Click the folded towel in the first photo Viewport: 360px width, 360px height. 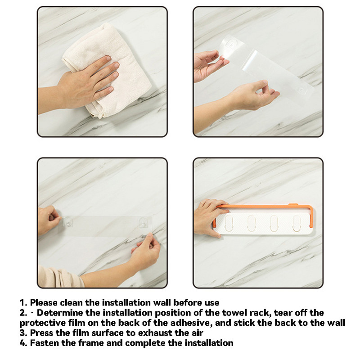pyautogui.click(x=108, y=69)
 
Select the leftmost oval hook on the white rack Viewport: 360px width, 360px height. pyautogui.click(x=229, y=223)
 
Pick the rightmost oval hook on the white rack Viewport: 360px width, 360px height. pyautogui.click(x=297, y=223)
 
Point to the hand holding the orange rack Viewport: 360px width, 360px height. pyautogui.click(x=208, y=217)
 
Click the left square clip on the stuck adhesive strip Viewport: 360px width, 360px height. pyautogui.click(x=68, y=222)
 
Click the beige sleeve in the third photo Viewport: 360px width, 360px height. pyautogui.click(x=60, y=277)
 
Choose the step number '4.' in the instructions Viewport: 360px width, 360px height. pyautogui.click(x=23, y=343)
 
